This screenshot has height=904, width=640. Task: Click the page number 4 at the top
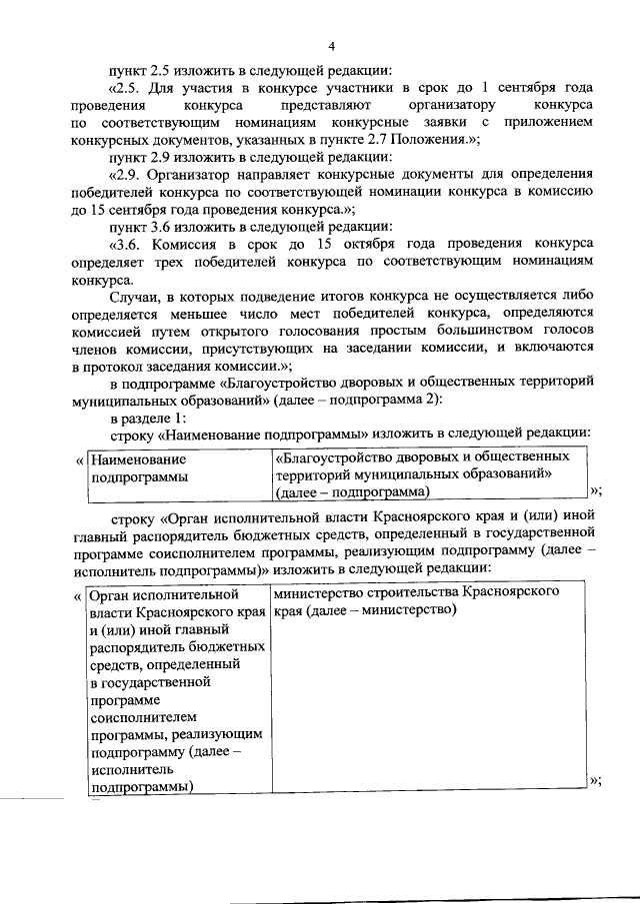tap(331, 47)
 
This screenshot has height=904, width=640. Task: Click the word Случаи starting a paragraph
tap(137, 296)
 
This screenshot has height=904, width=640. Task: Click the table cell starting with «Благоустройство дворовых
tap(428, 473)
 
